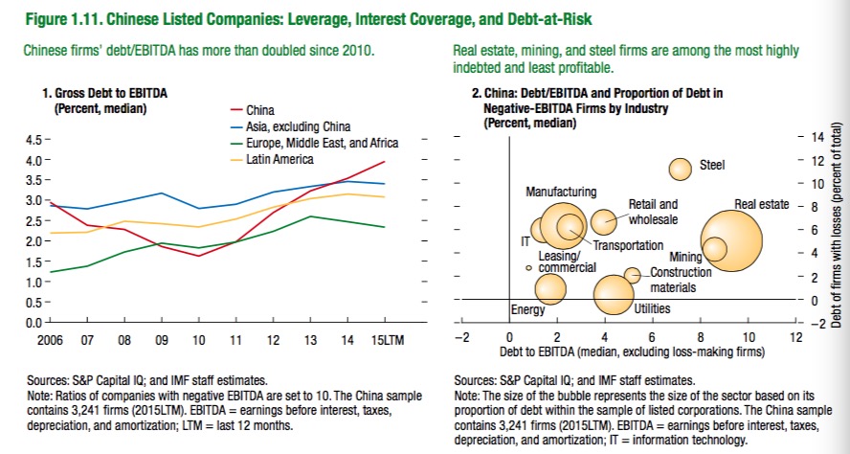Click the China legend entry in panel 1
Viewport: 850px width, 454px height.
[x=260, y=110]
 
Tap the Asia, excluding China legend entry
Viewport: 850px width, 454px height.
[x=298, y=126]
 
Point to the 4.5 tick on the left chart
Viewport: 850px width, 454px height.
[x=30, y=141]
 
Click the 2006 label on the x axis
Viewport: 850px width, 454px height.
[x=50, y=339]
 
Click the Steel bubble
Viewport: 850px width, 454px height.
[x=681, y=169]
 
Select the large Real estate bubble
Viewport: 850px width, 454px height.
[x=732, y=243]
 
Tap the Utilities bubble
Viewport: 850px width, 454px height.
[x=614, y=293]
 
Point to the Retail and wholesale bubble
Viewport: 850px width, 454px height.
[x=603, y=221]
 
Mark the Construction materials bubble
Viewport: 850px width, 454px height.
[x=632, y=275]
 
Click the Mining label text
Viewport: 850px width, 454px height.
[x=685, y=257]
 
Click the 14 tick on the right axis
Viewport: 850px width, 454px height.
[x=816, y=137]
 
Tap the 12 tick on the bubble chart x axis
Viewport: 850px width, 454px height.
[x=794, y=338]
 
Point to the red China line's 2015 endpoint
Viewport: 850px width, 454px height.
[x=386, y=162]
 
